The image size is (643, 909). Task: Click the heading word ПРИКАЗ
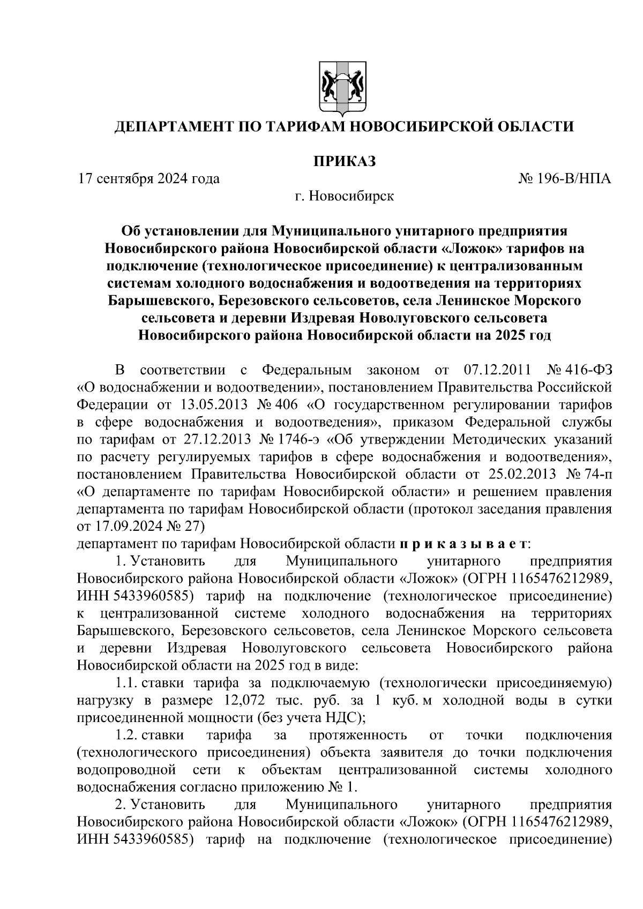(x=344, y=161)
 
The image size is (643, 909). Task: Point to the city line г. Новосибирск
(x=344, y=196)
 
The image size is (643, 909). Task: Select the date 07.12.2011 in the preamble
(x=496, y=370)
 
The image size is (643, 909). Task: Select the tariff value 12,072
(x=238, y=701)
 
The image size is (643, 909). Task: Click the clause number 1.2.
(x=126, y=735)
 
